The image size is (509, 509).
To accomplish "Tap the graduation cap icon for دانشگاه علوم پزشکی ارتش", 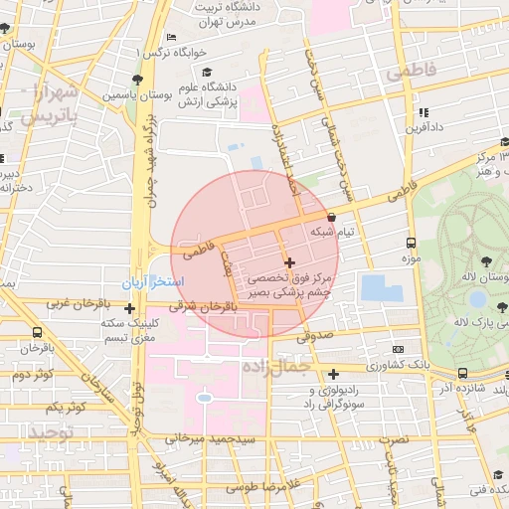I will coord(207,72).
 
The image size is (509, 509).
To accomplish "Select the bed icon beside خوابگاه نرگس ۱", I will coord(172,38).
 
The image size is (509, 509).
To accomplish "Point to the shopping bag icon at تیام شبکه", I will coord(330,217).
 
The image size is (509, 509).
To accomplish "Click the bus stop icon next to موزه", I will coord(411,243).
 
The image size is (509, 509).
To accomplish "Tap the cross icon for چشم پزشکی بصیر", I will coord(288,262).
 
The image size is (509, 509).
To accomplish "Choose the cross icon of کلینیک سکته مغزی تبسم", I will coord(129,309).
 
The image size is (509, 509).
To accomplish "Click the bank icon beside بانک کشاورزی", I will coord(398,350).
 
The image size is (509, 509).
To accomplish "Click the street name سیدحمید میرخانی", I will coord(211,438).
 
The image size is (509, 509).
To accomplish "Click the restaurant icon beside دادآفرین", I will coord(424,112).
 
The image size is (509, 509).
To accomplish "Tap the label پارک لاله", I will coord(474,322).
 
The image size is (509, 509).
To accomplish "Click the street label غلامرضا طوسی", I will coord(241,488).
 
